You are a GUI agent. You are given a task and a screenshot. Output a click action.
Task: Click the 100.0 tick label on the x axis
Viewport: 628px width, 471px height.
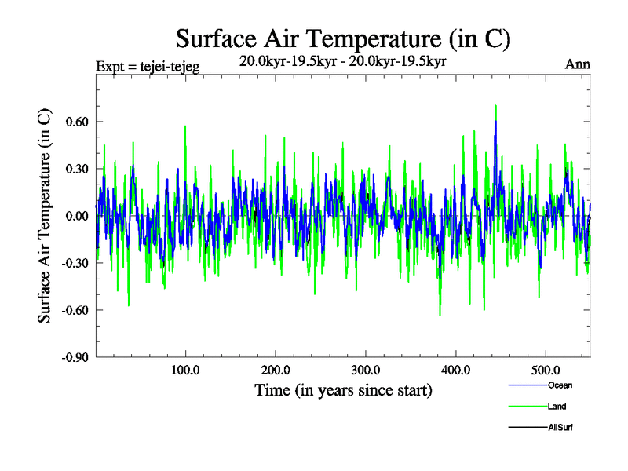185,370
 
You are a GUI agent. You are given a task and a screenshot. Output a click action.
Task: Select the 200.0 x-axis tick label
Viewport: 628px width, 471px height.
276,370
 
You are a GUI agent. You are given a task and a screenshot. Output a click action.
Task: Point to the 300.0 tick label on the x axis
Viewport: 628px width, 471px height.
366,370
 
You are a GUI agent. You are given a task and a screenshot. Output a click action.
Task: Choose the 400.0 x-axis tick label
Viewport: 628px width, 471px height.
456,370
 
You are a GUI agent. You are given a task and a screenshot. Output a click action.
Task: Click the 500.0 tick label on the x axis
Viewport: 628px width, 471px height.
546,370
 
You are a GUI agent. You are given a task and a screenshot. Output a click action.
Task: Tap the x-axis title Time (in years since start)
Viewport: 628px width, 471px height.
343,389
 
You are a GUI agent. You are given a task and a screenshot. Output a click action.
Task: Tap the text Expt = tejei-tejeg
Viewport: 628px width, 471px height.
147,66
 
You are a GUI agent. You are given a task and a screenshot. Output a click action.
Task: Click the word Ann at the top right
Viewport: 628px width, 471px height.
578,65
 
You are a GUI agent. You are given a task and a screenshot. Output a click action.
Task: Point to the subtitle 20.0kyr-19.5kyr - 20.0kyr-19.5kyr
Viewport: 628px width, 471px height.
343,61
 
